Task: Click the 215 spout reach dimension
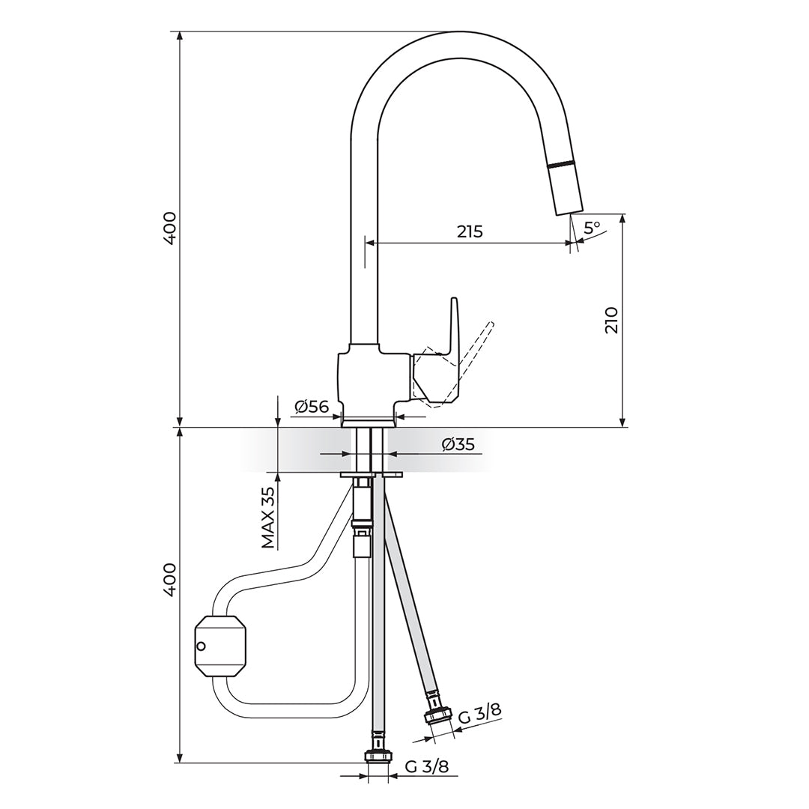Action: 470,231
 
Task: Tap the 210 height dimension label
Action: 611,321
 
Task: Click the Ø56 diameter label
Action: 312,407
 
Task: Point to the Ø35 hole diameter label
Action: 458,444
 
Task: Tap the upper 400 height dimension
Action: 170,228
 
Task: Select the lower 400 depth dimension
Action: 170,581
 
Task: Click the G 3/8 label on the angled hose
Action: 480,715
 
